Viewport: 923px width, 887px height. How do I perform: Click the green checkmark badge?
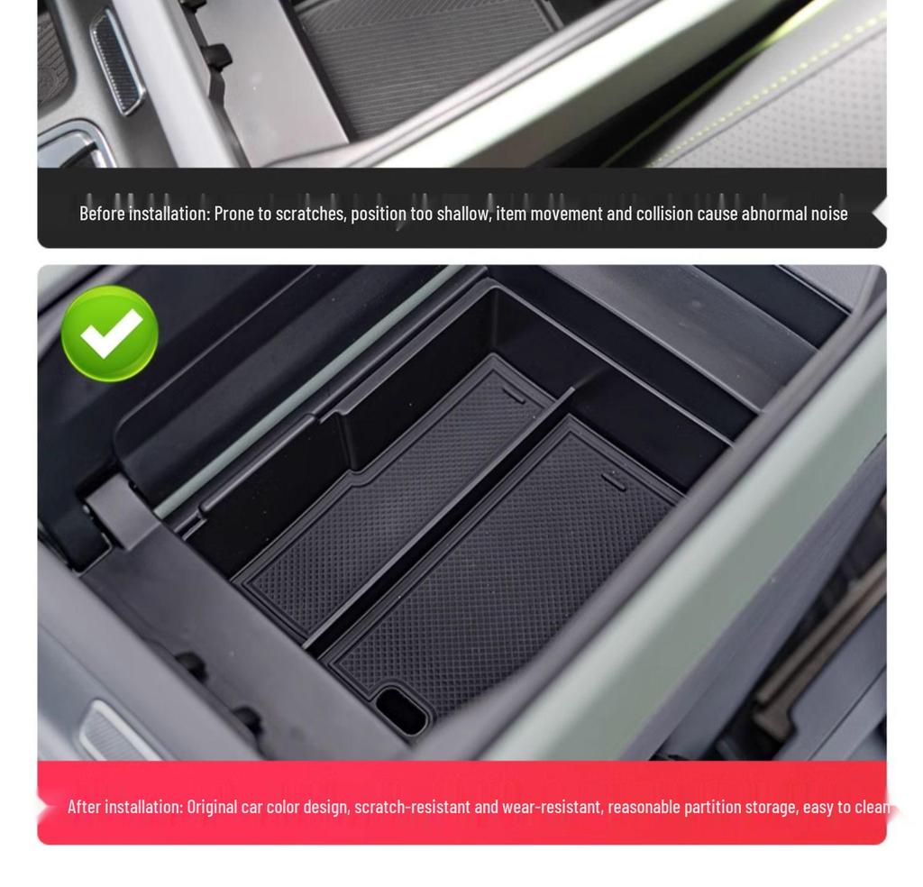(x=109, y=333)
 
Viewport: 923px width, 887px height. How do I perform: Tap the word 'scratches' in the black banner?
(x=310, y=214)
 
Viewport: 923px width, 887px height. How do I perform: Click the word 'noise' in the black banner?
(x=827, y=214)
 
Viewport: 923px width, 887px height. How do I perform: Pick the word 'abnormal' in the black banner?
(x=772, y=214)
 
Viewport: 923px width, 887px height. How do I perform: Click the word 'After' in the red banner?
(x=84, y=806)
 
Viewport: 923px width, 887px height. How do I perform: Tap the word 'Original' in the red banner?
(x=212, y=806)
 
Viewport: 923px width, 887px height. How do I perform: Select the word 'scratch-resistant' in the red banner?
(x=412, y=806)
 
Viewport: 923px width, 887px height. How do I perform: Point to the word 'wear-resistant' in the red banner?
(x=551, y=806)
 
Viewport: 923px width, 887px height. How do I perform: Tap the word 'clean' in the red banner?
(x=872, y=806)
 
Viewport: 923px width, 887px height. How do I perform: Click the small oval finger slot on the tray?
(x=401, y=709)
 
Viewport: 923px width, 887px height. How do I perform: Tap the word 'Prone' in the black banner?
(x=233, y=214)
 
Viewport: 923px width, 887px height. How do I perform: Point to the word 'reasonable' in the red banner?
(x=643, y=806)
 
